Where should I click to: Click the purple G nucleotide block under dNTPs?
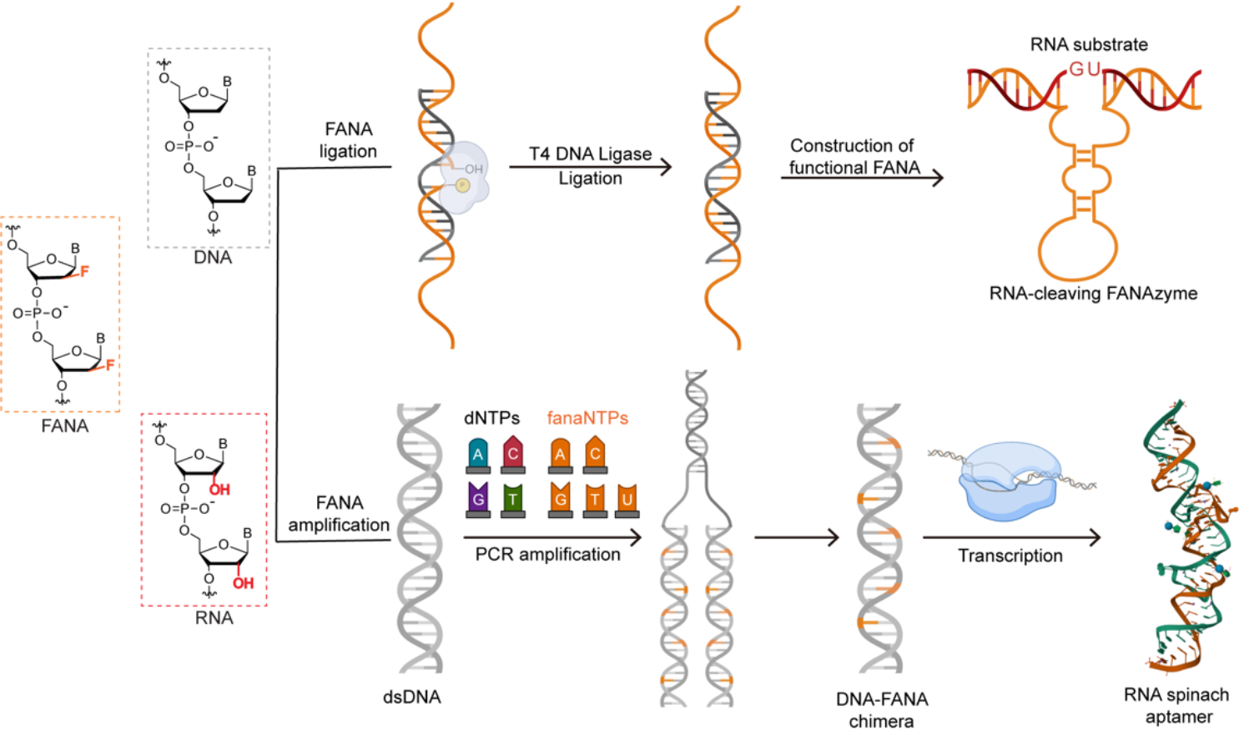478,498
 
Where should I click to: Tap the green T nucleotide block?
513,498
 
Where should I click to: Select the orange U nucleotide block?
627,498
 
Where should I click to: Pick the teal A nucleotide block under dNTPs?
478,454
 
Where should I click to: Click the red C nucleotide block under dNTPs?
513,453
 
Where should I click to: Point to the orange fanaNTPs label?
587,418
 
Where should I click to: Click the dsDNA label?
412,697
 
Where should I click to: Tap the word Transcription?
1010,556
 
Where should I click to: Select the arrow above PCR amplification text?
551,537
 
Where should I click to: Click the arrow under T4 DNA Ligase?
590,167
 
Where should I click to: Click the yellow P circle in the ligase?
461,184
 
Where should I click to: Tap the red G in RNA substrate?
1076,70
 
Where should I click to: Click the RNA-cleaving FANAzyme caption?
1093,294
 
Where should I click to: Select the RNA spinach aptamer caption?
1176,706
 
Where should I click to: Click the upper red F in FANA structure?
84,271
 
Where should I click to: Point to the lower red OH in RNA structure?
243,582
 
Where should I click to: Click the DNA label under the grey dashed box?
213,258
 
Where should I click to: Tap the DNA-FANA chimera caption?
882,710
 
